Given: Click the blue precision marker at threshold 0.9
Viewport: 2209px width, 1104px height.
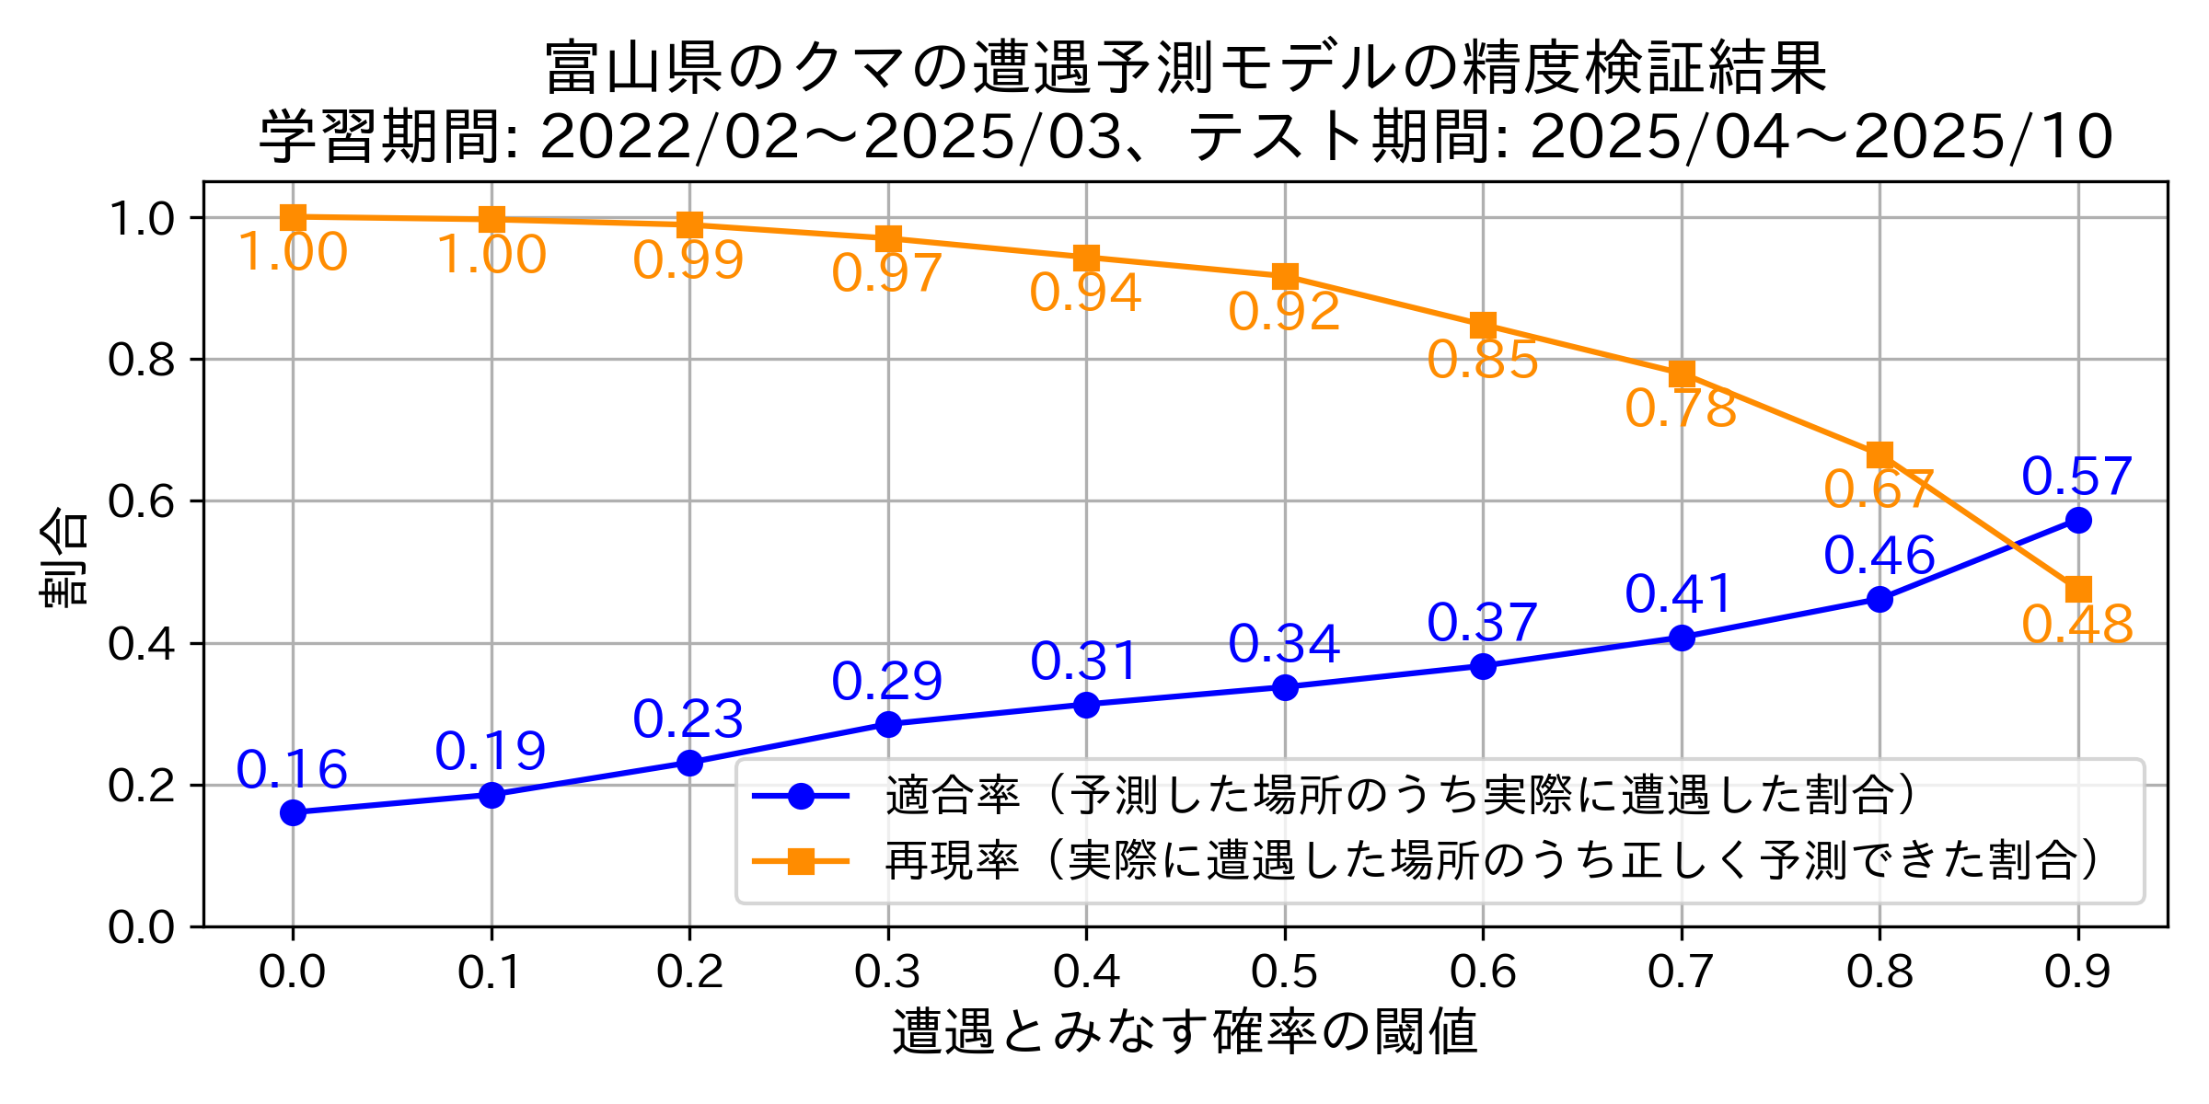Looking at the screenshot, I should [2078, 521].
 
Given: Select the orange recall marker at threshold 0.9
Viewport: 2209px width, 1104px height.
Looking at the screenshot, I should [2078, 589].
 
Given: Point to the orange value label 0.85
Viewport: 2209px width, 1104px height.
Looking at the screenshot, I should [1483, 360].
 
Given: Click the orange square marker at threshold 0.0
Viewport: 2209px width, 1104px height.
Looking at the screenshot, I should [293, 217].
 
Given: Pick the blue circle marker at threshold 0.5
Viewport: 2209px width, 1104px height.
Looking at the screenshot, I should [1285, 687].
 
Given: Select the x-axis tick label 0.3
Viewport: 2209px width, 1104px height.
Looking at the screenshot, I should [888, 972].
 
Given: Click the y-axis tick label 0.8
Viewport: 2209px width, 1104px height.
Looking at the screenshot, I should [142, 360].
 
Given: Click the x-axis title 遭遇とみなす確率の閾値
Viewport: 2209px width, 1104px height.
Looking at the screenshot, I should [1185, 1032].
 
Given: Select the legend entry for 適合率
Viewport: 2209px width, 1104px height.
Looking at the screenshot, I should [1399, 796].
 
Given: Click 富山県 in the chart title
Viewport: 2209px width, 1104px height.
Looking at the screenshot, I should [634, 69].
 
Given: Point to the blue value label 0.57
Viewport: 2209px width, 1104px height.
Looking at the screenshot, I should [2077, 477].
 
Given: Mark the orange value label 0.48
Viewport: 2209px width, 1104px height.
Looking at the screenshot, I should [2077, 625].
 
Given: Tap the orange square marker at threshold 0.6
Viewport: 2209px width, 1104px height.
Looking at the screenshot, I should [1483, 325].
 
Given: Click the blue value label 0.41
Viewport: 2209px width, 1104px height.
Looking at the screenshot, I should [1681, 593].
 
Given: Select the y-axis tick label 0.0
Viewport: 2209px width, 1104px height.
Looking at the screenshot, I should [142, 927].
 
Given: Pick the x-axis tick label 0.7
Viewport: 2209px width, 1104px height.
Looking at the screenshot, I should [1682, 972].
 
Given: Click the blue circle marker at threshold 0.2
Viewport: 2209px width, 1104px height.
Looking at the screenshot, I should [689, 763].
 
